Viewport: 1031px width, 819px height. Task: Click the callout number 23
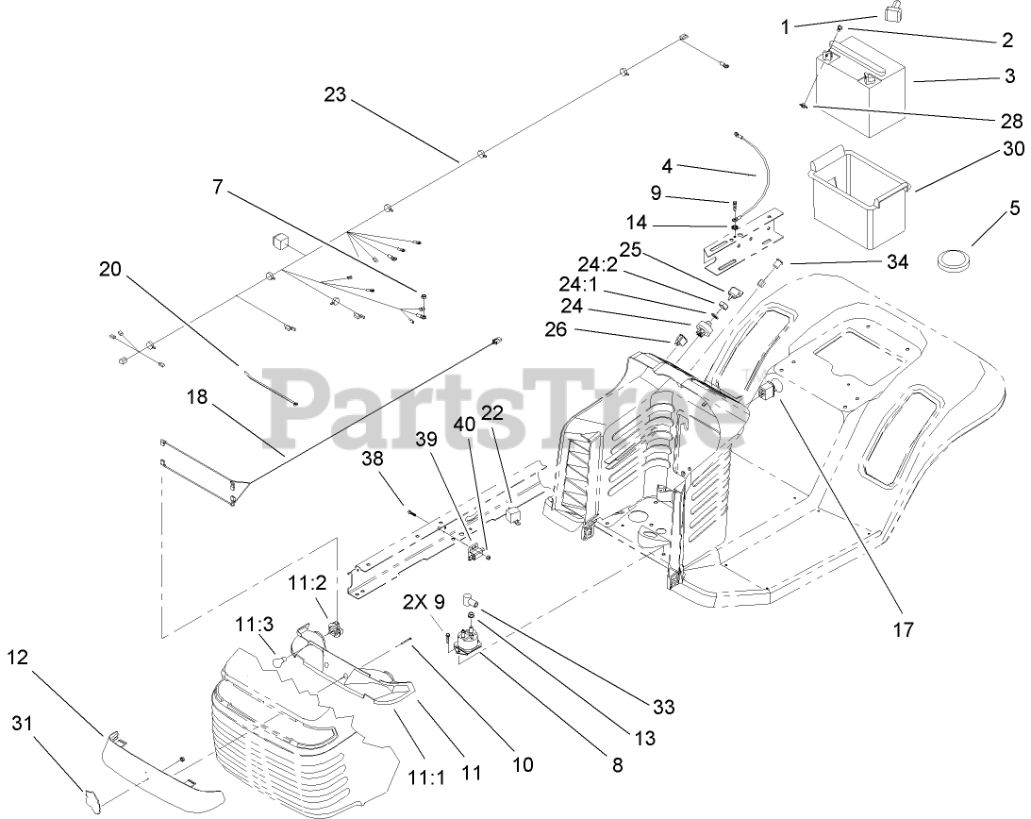coord(335,94)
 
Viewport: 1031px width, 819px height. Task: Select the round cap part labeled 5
coord(955,258)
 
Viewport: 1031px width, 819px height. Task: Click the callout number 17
coord(903,629)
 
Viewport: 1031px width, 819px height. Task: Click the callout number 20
coord(110,269)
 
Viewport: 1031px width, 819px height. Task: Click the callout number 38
coord(374,458)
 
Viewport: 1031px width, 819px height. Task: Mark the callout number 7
coord(218,188)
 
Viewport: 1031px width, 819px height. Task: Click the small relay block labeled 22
coord(513,513)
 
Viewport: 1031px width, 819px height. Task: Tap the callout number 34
coord(896,262)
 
